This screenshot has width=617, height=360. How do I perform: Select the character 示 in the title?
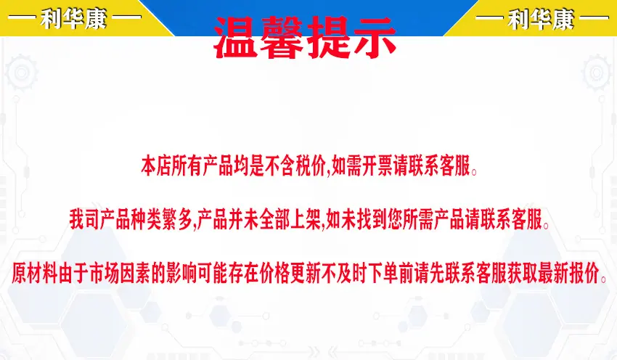(x=373, y=37)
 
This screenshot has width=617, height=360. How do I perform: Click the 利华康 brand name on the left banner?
(x=74, y=18)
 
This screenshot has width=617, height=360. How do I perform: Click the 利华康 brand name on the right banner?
(x=541, y=19)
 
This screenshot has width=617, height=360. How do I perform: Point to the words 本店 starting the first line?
(x=156, y=165)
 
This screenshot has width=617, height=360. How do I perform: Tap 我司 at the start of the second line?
(x=84, y=219)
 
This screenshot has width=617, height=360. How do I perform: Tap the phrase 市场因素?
(x=120, y=272)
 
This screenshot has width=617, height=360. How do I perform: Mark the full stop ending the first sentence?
(x=474, y=171)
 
